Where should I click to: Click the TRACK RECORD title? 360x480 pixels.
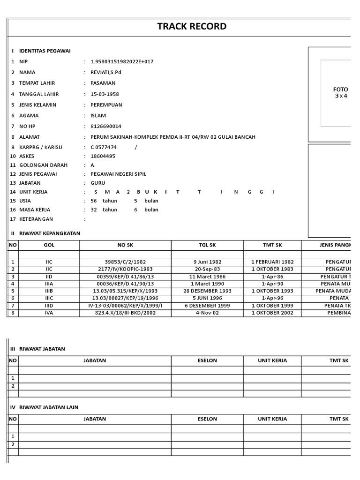pyautogui.click(x=192, y=27)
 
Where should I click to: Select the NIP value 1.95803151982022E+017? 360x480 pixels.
pyautogui.click(x=122, y=62)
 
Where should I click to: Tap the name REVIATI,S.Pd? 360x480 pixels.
pyautogui.click(x=106, y=73)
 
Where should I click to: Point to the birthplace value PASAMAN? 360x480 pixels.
pyautogui.click(x=103, y=83)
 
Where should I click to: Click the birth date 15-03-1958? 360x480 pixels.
pyautogui.click(x=105, y=94)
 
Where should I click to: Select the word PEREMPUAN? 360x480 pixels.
pyautogui.click(x=106, y=105)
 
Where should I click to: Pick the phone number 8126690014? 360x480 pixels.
pyautogui.click(x=105, y=127)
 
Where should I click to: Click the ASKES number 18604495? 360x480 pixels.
pyautogui.click(x=103, y=156)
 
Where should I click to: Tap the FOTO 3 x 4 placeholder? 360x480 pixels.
pyautogui.click(x=340, y=93)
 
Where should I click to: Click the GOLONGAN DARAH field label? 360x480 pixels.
pyautogui.click(x=43, y=165)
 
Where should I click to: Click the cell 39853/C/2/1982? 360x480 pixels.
pyautogui.click(x=125, y=262)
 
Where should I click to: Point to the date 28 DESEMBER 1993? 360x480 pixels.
pyautogui.click(x=207, y=291)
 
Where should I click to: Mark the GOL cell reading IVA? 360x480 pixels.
pyautogui.click(x=49, y=313)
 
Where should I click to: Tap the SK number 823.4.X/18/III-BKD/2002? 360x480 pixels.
pyautogui.click(x=125, y=313)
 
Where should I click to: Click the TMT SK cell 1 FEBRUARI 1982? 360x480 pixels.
pyautogui.click(x=272, y=262)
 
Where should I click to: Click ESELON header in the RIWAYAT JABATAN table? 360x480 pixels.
pyautogui.click(x=207, y=361)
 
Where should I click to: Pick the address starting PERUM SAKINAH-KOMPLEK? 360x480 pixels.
pyautogui.click(x=173, y=137)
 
